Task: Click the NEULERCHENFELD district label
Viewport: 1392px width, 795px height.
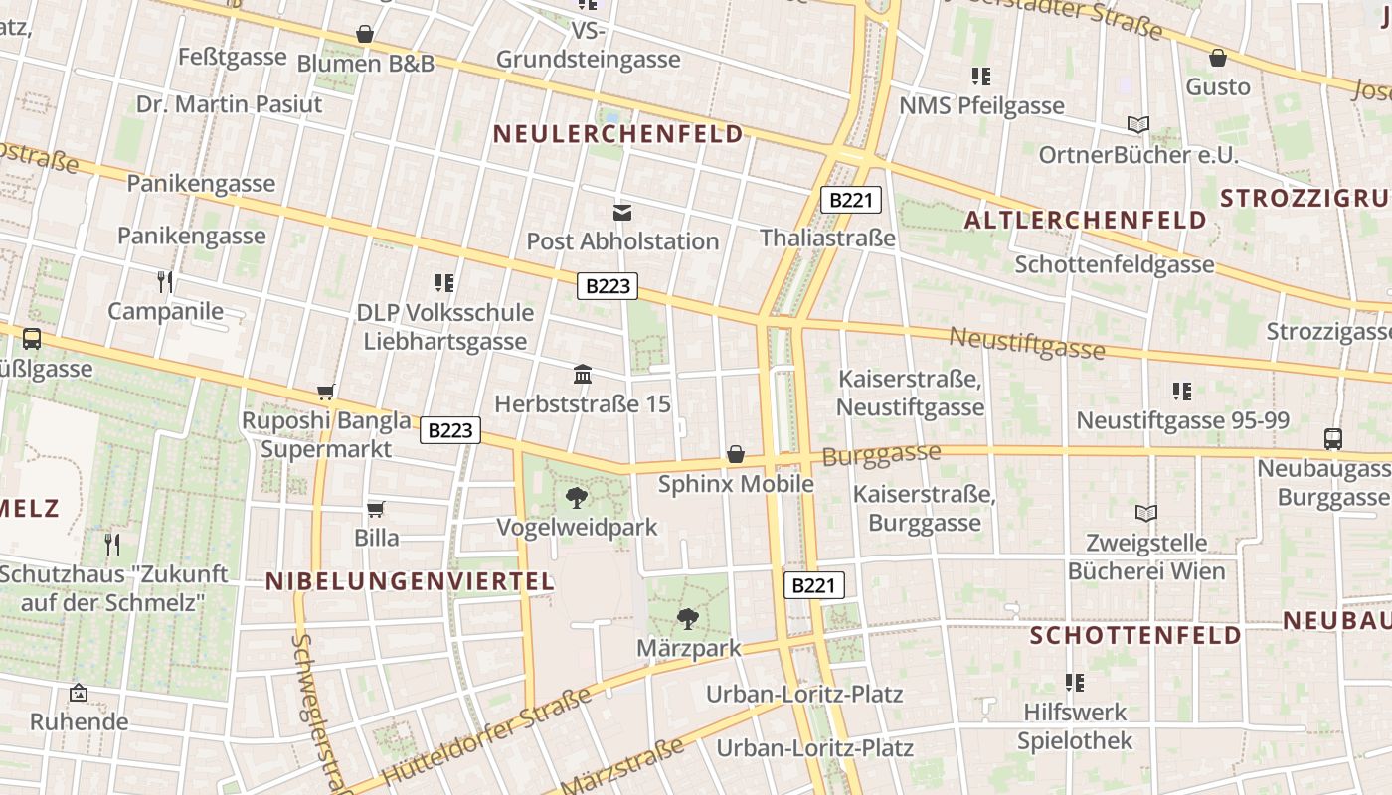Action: pos(617,134)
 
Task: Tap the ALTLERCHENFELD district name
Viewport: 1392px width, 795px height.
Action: pos(1086,220)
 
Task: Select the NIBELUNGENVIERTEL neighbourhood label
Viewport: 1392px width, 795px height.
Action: pos(410,581)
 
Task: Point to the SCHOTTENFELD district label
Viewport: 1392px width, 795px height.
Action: pos(1135,635)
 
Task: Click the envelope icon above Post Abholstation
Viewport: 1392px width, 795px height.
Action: pos(622,212)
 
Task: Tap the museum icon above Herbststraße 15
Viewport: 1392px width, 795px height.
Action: pos(583,375)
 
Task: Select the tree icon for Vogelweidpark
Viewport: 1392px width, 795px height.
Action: pos(576,497)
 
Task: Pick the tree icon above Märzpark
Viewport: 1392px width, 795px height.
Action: pos(687,619)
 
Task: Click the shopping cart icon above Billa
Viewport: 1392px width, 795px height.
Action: pos(376,509)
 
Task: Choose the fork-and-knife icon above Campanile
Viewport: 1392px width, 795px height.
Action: pos(165,282)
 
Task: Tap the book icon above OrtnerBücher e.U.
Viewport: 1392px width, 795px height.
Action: pos(1138,125)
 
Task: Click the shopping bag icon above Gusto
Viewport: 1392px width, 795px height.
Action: pos(1218,58)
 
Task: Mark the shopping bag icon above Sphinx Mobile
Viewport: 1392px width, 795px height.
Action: pos(736,454)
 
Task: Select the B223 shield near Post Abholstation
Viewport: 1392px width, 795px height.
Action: pos(608,286)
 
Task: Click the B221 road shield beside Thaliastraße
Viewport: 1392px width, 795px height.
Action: pos(851,200)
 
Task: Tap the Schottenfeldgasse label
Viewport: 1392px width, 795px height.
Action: pos(1115,264)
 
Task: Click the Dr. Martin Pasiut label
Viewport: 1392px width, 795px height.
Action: pos(230,104)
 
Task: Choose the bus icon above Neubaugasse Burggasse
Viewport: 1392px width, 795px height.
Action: pos(1332,438)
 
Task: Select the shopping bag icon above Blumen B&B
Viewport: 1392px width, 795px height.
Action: pos(365,34)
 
